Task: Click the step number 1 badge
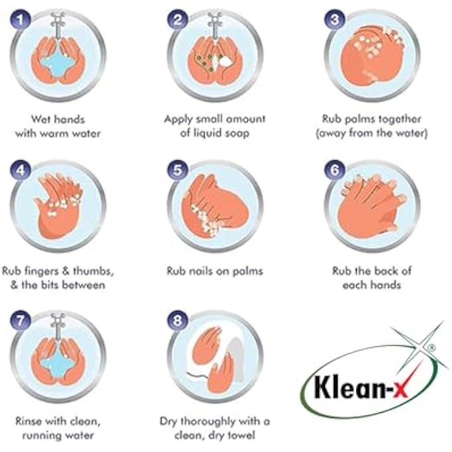pos(23,21)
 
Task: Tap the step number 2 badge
pos(177,21)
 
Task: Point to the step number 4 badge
pos(23,171)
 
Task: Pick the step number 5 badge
pos(177,171)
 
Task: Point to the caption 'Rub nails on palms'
pos(214,271)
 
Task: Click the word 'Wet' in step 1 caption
pos(40,119)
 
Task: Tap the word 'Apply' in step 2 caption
pos(178,119)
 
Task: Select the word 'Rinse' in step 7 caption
pos(31,421)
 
